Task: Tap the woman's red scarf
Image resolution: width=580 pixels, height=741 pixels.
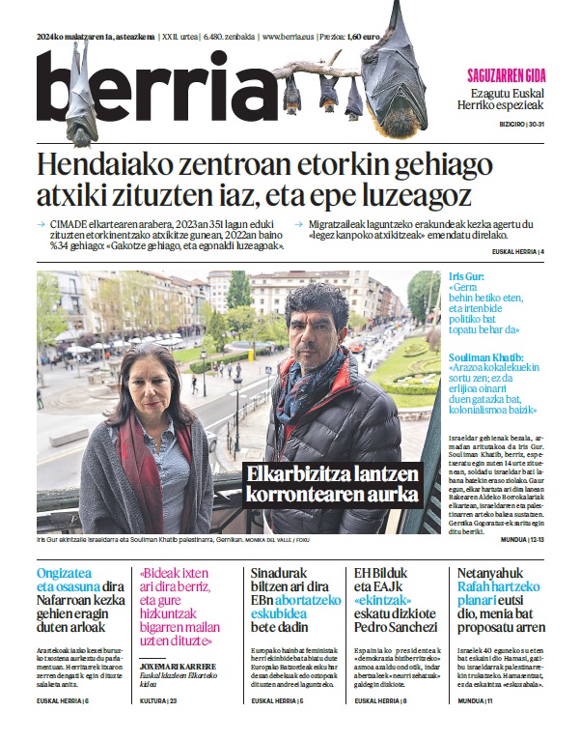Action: point(145,464)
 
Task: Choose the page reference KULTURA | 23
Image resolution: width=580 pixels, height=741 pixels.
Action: point(159,727)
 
